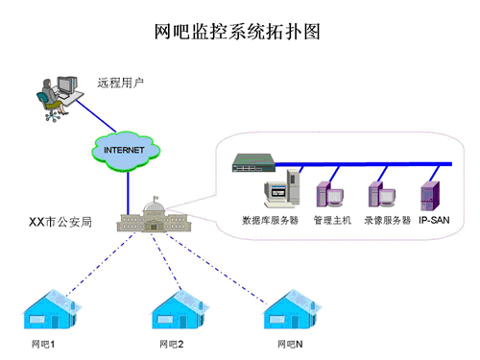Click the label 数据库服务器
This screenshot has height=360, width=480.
[x=270, y=220]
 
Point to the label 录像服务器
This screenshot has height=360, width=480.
[x=387, y=220]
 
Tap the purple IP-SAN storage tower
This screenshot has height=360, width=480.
[x=431, y=189]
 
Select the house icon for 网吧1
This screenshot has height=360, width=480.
[x=51, y=306]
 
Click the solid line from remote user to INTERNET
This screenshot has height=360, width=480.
[x=96, y=120]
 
